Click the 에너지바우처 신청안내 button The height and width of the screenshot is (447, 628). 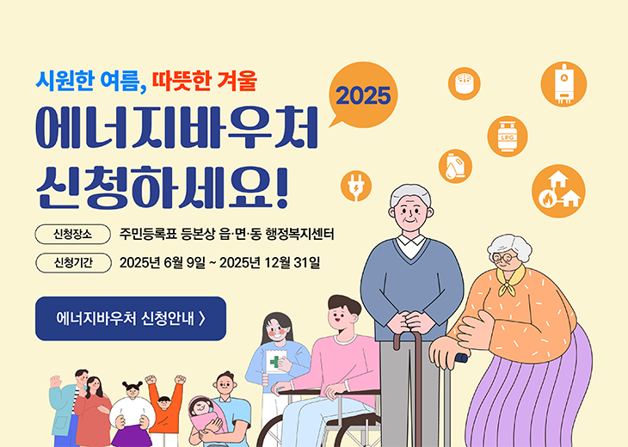click(130, 319)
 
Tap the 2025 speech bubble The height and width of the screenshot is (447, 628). click(363, 95)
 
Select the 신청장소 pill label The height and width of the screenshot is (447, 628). click(72, 234)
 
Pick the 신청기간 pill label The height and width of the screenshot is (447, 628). click(72, 262)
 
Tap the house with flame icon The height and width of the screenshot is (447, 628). click(557, 191)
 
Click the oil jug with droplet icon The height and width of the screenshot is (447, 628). click(454, 165)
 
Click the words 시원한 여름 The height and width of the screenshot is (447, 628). click(86, 83)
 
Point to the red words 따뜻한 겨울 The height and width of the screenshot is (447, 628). click(205, 83)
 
